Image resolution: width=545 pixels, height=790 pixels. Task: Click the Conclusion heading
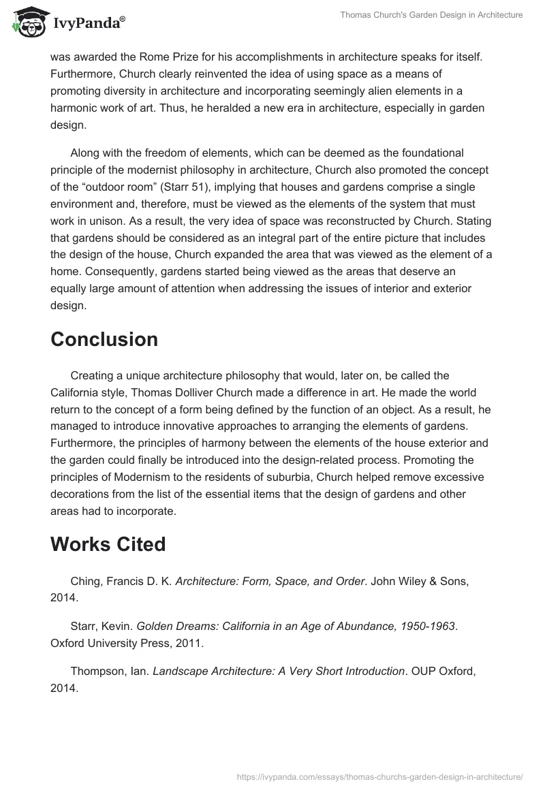click(x=104, y=339)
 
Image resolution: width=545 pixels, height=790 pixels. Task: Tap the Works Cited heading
click(x=108, y=544)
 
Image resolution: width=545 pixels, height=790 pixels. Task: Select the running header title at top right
click(x=431, y=15)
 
